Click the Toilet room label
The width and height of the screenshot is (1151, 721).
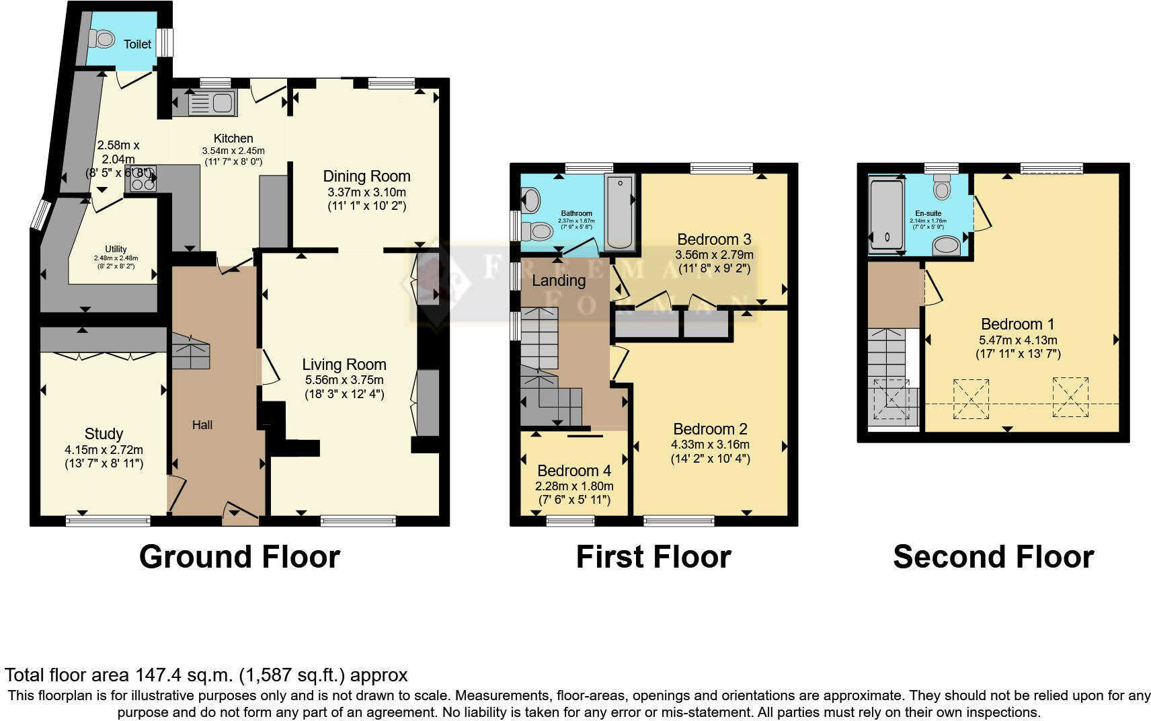137,44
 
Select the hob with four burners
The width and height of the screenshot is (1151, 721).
143,178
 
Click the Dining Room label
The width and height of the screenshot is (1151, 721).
366,176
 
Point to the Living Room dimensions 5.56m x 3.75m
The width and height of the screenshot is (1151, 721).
344,380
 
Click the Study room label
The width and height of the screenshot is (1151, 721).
104,434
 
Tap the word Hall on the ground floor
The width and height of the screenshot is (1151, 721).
202,425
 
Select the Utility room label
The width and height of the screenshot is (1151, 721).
116,249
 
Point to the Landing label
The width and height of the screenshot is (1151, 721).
558,280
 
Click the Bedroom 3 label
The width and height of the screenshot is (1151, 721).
713,239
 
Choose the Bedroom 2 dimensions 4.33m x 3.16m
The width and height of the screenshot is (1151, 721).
710,445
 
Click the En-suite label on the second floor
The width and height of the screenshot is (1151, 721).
928,213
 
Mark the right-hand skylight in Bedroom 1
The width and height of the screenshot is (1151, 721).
1070,397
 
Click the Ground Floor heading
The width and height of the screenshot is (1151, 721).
239,557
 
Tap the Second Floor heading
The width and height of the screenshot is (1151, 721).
992,557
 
